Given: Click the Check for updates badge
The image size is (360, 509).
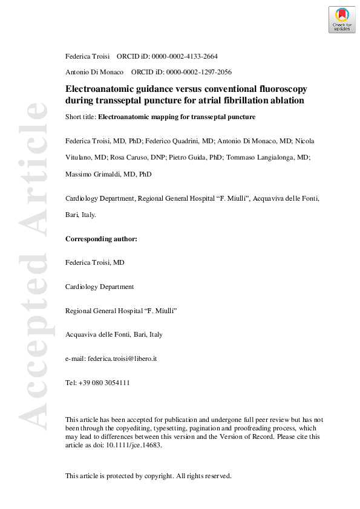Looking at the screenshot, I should pyautogui.click(x=342, y=20).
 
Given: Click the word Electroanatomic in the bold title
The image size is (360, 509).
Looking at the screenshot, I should pyautogui.click(x=96, y=88).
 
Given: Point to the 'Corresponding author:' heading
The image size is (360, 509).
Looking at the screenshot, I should pyautogui.click(x=101, y=239).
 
